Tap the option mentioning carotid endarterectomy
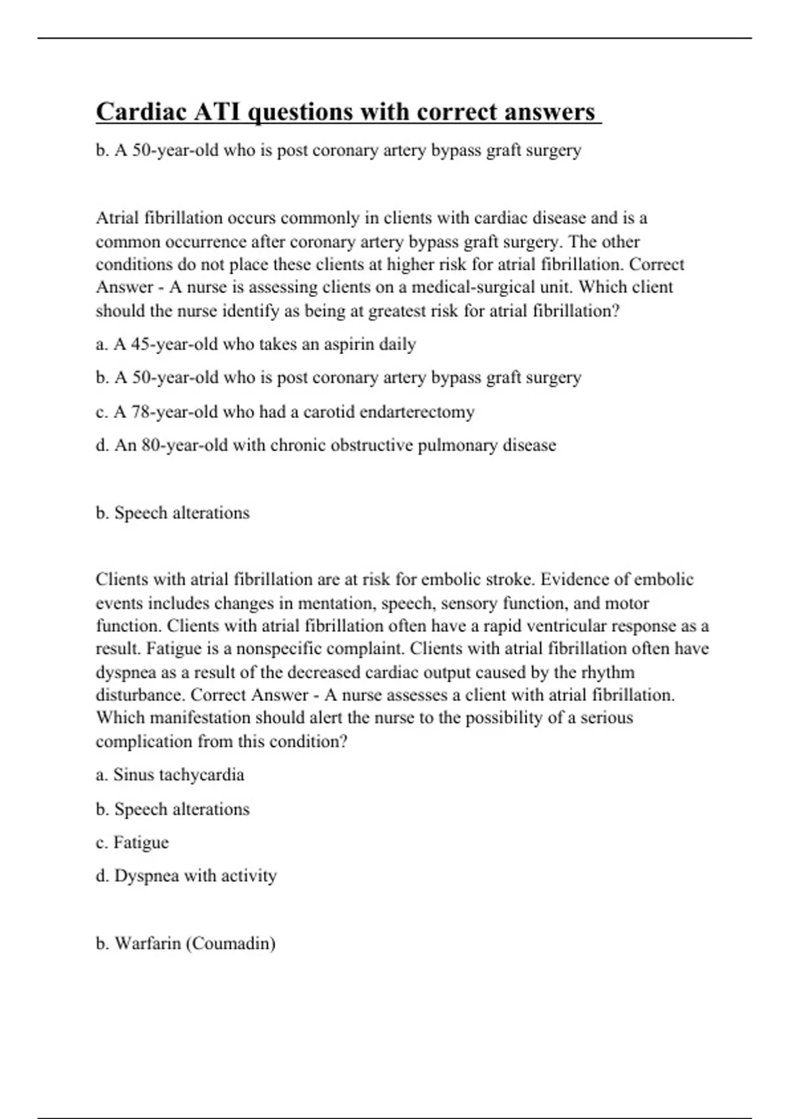pyautogui.click(x=284, y=412)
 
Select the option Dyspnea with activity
pyautogui.click(x=186, y=876)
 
